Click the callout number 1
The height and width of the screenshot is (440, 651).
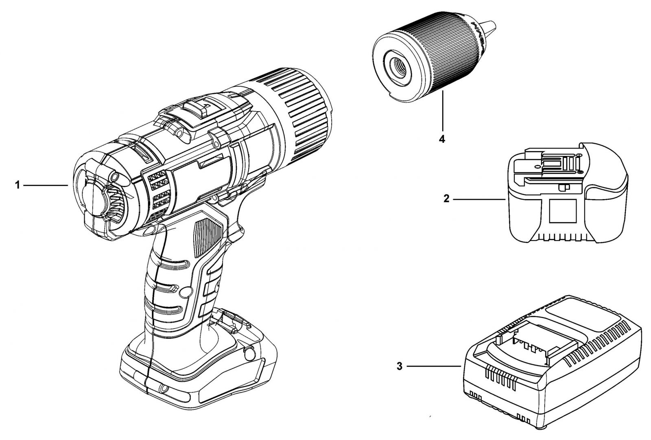click(17, 185)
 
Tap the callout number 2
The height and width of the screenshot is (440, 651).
click(446, 199)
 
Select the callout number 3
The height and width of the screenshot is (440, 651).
click(400, 366)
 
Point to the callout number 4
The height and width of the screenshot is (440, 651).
click(442, 139)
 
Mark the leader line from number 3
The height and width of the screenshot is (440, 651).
click(434, 366)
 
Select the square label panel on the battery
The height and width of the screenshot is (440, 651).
click(563, 211)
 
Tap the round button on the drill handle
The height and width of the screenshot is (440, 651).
click(186, 291)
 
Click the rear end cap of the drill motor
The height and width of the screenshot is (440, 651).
click(99, 201)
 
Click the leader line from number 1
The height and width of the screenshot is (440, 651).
click(46, 185)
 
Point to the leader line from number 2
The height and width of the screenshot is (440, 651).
click(479, 199)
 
